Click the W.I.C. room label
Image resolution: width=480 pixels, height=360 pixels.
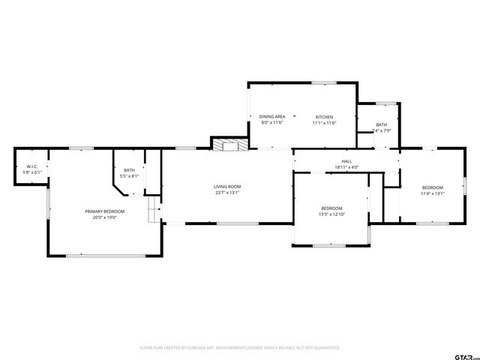click(x=32, y=166)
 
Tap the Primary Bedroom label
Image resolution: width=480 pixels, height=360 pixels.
click(x=104, y=211)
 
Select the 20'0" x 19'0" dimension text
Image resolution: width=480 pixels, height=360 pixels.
click(x=104, y=217)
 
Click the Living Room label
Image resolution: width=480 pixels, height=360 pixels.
click(x=226, y=187)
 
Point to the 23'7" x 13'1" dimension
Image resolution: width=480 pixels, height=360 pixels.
click(x=226, y=193)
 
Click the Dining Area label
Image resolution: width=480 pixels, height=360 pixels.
click(x=272, y=117)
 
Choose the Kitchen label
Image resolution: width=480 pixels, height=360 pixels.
click(x=324, y=117)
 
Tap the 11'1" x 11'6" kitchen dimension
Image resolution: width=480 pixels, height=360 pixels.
click(x=324, y=123)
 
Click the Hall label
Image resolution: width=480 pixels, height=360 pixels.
click(x=346, y=161)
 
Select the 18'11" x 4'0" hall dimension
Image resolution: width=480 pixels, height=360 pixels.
click(x=346, y=167)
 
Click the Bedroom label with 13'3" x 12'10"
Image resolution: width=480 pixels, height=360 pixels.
click(x=331, y=208)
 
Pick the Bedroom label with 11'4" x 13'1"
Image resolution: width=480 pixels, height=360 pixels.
click(x=433, y=187)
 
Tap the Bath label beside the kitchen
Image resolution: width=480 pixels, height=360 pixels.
click(x=382, y=124)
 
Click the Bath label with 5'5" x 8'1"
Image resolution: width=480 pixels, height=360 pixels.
click(x=130, y=170)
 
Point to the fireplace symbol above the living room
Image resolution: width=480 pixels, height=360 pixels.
click(x=227, y=144)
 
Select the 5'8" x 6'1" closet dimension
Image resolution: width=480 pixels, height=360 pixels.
click(x=32, y=172)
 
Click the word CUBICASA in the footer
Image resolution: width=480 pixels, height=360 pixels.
click(x=200, y=348)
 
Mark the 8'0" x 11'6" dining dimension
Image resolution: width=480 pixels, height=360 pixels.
click(x=272, y=123)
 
